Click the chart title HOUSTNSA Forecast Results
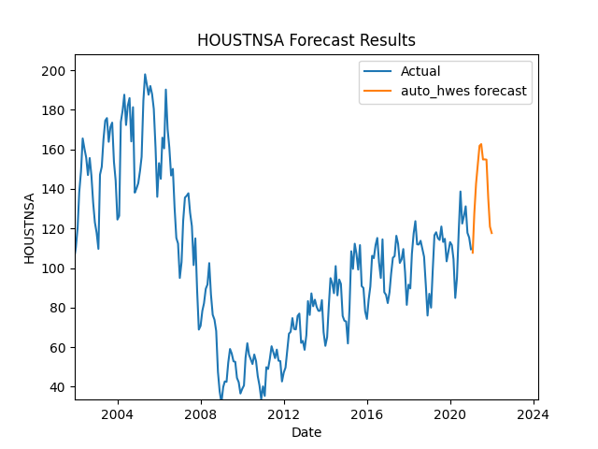pos(306,40)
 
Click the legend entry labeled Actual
pos(420,71)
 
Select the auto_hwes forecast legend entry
pos(463,92)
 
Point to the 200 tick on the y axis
pos(56,71)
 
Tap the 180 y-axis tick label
pos(56,110)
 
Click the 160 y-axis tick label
pos(56,150)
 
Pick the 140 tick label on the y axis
pos(56,189)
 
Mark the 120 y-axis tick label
pos(56,229)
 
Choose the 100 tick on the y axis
pos(56,268)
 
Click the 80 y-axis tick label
pos(59,308)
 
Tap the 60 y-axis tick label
pos(59,347)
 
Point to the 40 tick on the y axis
pos(59,387)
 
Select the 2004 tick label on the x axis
pos(117,414)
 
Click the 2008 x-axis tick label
pos(200,414)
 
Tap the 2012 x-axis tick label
pos(283,414)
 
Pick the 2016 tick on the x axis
pos(366,414)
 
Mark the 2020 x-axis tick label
pos(450,414)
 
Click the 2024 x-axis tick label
pos(534,414)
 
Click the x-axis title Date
pos(306,432)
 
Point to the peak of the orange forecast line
pos(480,144)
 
